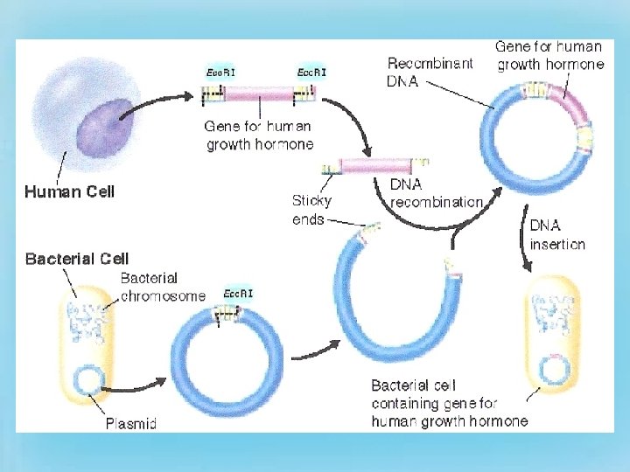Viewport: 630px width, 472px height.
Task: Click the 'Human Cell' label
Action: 70,191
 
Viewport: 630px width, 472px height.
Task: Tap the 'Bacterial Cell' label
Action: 76,259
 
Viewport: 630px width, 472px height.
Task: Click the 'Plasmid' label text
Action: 131,425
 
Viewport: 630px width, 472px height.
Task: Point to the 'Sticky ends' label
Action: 311,210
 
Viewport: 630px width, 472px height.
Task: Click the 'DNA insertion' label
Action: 556,234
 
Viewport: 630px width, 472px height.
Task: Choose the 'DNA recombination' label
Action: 436,193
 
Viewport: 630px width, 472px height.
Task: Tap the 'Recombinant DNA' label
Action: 429,72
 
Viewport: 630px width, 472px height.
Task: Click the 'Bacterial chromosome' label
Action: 163,287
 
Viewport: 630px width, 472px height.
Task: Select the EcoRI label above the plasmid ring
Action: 238,294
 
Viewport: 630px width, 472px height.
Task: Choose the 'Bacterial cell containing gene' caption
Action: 449,403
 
